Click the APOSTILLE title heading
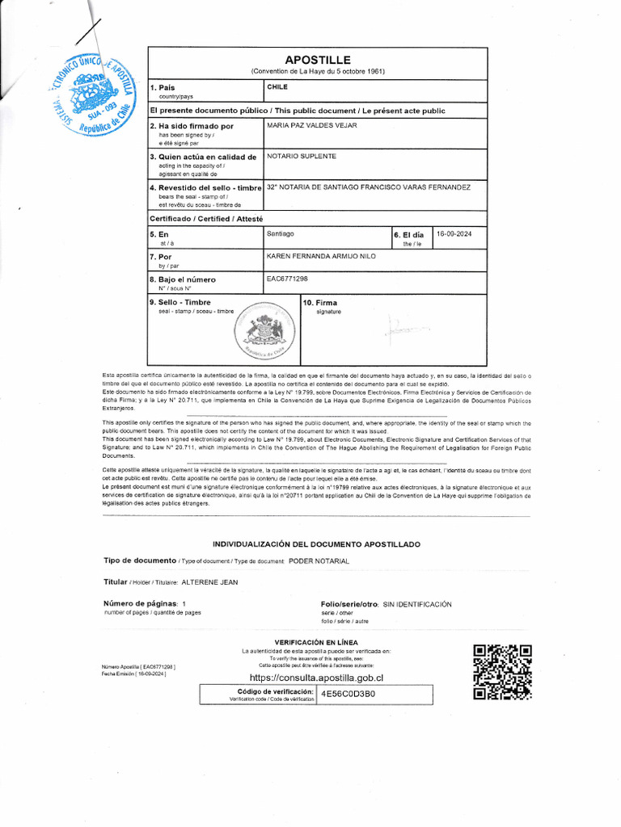[317, 61]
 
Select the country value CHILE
[277, 86]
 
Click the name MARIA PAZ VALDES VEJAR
[311, 126]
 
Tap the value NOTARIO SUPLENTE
[302, 156]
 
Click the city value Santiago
[281, 233]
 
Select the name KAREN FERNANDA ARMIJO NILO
[321, 256]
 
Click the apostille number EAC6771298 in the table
[287, 279]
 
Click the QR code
[502, 673]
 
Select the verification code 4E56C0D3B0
[348, 694]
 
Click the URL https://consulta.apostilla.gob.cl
[316, 678]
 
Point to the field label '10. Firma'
[320, 303]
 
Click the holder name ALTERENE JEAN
[209, 582]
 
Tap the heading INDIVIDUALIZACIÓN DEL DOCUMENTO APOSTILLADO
[316, 545]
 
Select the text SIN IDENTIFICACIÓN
[416, 604]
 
